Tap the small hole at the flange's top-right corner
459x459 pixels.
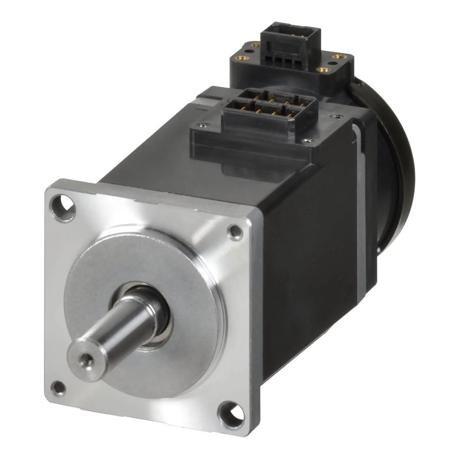(235, 231)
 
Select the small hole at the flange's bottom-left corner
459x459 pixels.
(58, 388)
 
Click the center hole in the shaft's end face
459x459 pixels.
(84, 359)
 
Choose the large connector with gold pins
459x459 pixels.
(269, 108)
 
